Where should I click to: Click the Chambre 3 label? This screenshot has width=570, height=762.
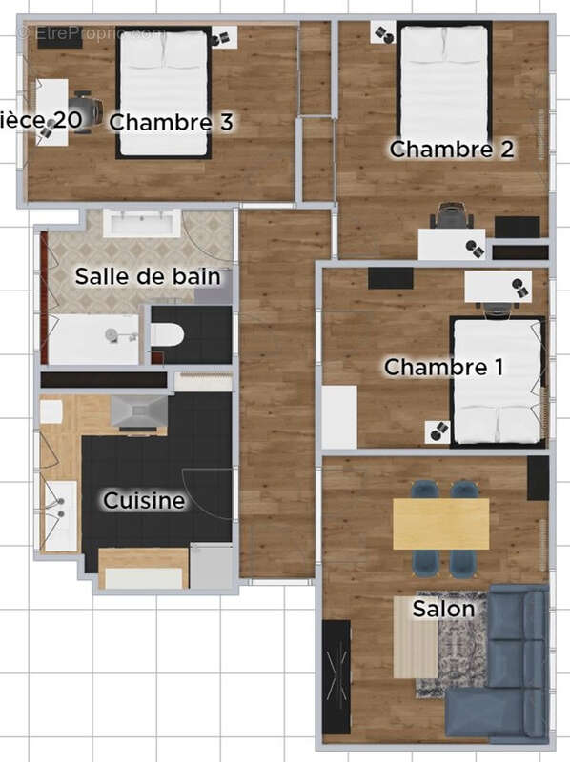click(x=172, y=123)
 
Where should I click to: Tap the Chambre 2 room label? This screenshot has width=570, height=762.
click(x=452, y=150)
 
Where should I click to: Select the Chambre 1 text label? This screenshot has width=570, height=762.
click(x=443, y=368)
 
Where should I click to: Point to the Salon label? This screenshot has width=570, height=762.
click(x=444, y=609)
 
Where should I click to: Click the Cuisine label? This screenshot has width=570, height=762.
click(x=144, y=501)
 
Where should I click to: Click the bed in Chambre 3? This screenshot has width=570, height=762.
click(x=163, y=92)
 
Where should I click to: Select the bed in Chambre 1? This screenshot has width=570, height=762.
click(x=497, y=381)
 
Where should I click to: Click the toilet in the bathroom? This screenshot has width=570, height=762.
click(x=168, y=335)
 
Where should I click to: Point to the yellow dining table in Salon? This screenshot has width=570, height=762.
click(x=440, y=524)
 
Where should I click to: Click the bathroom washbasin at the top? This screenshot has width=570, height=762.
click(x=141, y=224)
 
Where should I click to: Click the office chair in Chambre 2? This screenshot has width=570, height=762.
click(x=452, y=217)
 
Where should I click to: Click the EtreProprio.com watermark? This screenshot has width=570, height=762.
click(x=91, y=33)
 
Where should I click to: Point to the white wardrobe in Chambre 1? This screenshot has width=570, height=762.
click(x=338, y=416)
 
